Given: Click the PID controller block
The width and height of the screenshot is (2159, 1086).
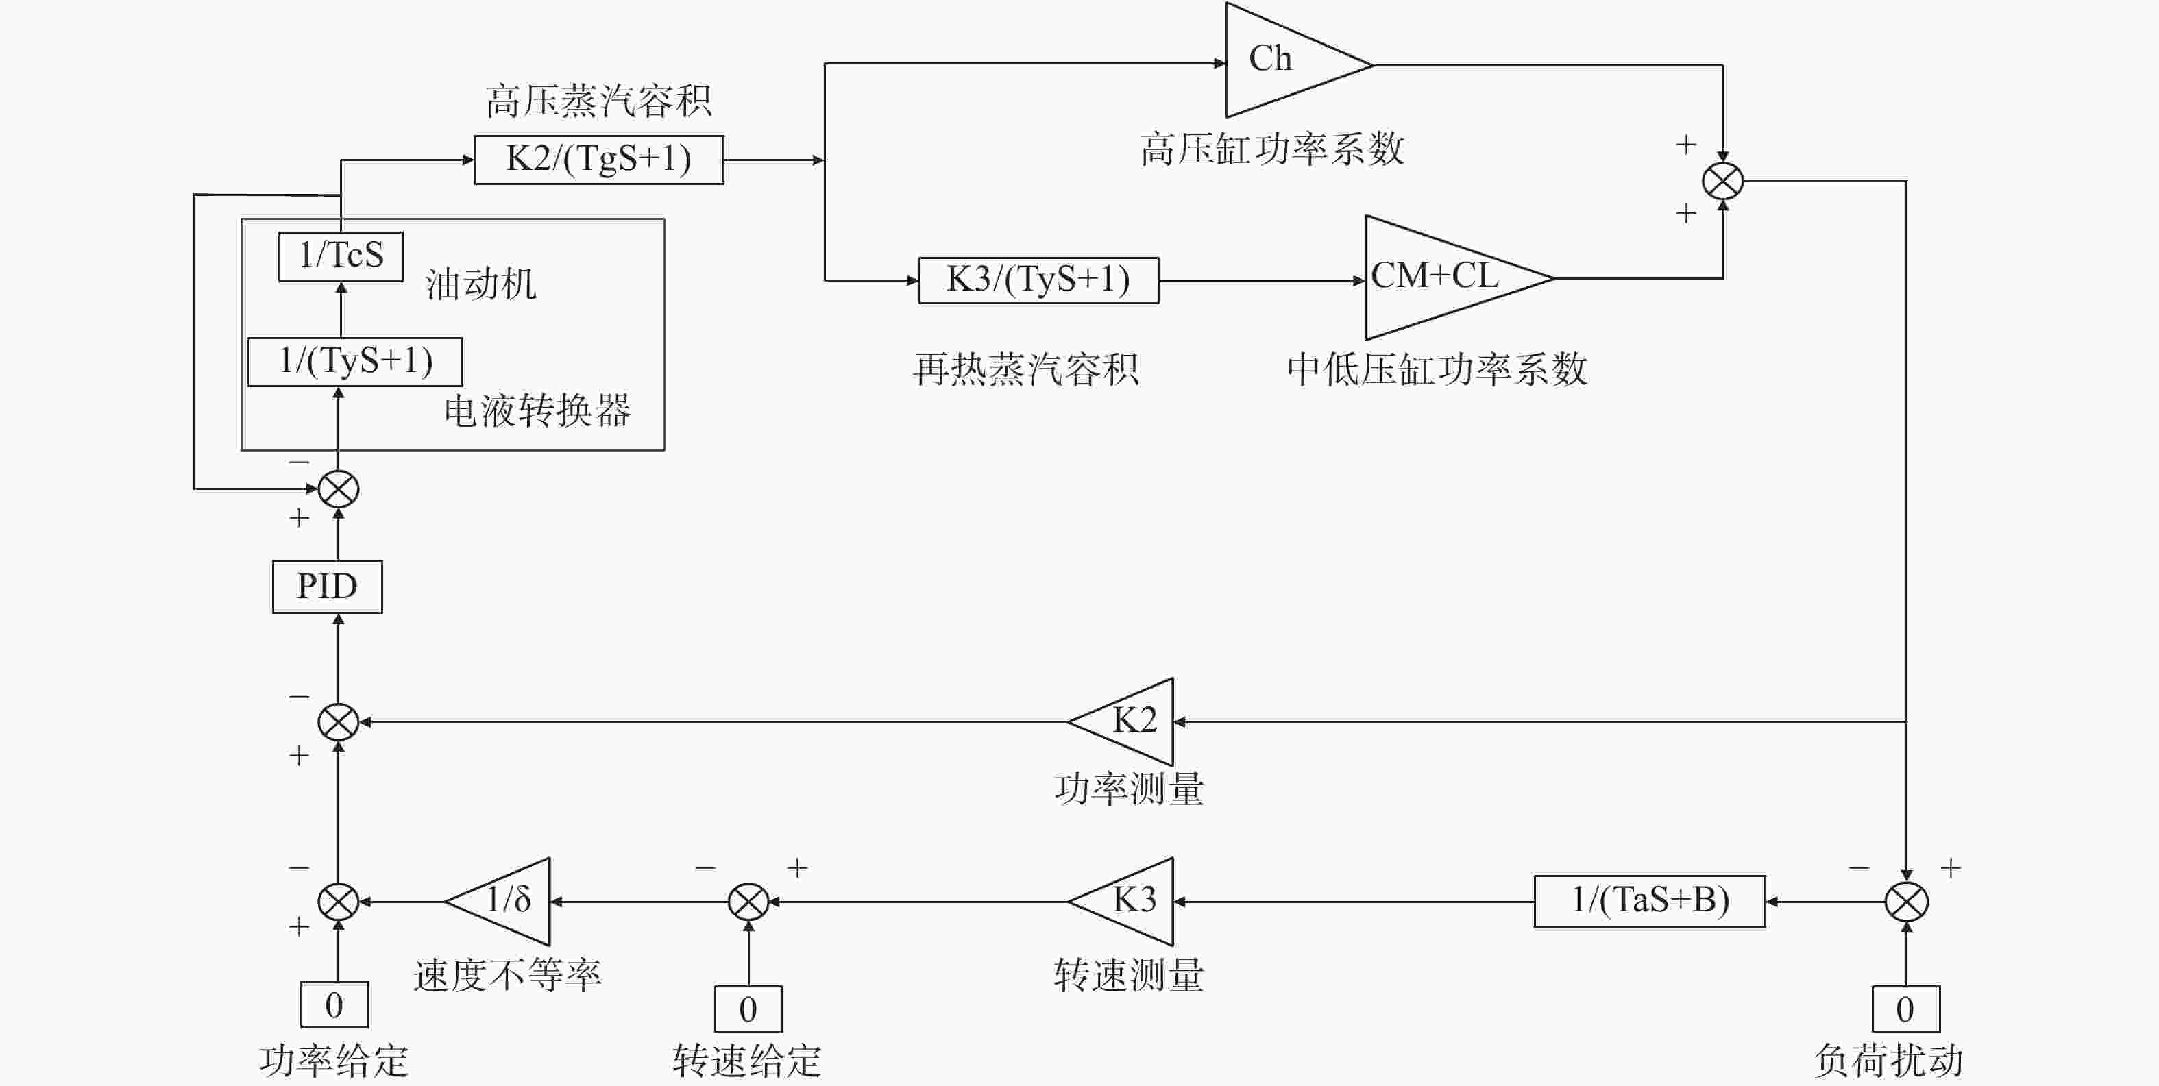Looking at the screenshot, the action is [x=327, y=587].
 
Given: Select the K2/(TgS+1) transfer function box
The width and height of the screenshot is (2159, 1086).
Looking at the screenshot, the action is [x=598, y=159].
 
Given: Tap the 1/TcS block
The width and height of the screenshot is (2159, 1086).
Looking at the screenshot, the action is [x=340, y=256].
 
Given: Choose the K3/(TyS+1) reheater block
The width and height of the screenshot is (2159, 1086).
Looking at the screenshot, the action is [x=1038, y=280].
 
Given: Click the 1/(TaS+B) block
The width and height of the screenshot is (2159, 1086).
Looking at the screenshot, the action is [x=1650, y=901].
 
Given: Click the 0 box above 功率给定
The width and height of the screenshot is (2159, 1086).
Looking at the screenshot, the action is [x=334, y=1004].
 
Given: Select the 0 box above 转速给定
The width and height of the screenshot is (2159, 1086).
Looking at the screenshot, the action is [x=748, y=1008].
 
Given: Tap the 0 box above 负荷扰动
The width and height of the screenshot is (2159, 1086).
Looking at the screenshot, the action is [x=1906, y=1008].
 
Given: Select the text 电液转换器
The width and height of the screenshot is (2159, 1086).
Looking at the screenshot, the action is [x=537, y=410].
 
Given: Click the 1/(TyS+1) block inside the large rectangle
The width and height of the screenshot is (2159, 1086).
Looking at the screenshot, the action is [x=355, y=362].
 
